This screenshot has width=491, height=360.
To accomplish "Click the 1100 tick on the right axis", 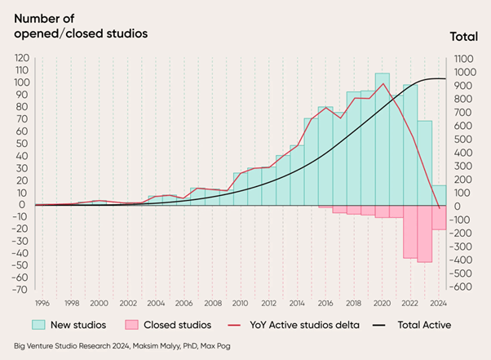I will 464,58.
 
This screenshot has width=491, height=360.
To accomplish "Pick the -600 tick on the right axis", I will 464,287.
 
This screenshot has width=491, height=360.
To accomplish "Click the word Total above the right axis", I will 464,36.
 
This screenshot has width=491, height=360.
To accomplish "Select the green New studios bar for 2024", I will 439,195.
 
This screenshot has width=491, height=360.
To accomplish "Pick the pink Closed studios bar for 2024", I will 439,217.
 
